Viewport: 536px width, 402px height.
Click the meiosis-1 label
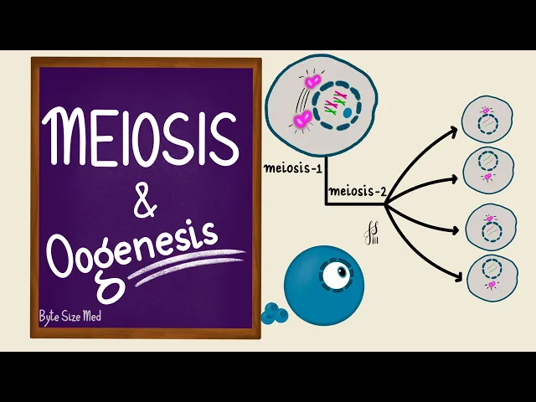(294, 167)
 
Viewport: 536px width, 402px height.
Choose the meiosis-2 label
(357, 192)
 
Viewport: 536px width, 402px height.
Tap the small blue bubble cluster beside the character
(271, 313)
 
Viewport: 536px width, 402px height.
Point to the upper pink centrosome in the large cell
(313, 82)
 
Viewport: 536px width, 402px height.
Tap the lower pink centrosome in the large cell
(302, 119)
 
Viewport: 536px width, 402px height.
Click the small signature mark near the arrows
(371, 233)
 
